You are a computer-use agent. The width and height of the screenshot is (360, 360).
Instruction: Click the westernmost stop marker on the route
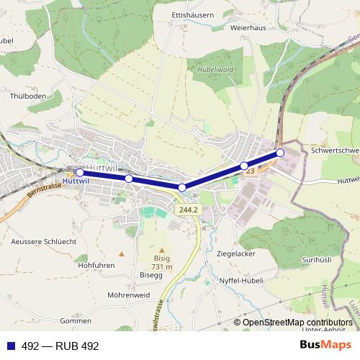point(79,173)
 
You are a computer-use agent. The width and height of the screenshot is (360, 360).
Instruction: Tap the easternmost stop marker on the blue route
point(280,152)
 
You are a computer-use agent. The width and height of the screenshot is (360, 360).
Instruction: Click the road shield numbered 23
point(250,171)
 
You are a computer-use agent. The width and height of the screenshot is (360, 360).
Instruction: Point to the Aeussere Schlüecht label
point(43,242)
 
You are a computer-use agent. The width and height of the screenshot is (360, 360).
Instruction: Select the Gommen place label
point(76,320)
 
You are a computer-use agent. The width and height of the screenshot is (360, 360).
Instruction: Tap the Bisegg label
point(151,274)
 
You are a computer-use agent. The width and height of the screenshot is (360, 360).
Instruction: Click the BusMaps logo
point(325,345)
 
